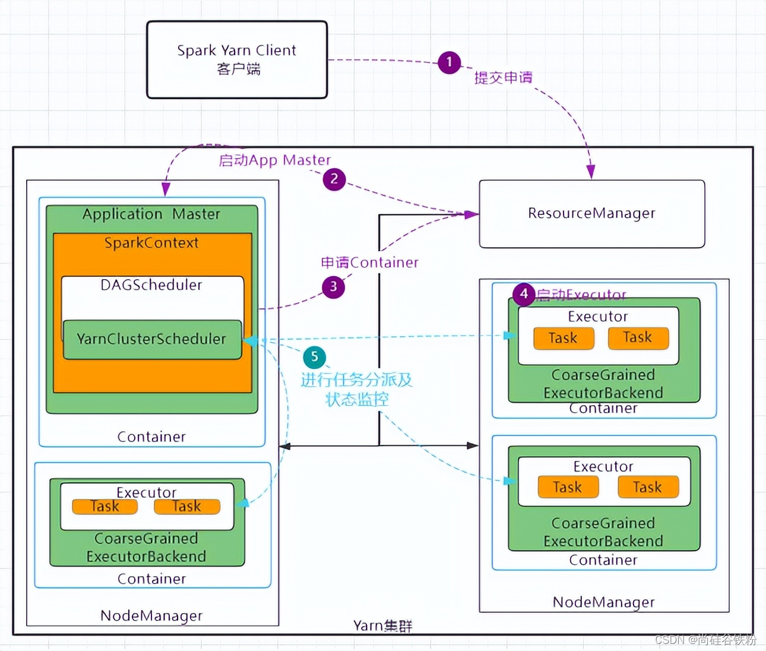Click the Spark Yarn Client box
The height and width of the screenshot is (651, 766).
pos(237,59)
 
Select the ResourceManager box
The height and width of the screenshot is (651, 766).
pos(592,214)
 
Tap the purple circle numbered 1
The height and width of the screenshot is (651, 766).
pos(449,62)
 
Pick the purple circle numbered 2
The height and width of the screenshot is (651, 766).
pos(334,179)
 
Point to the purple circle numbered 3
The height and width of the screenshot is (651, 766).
pos(333,286)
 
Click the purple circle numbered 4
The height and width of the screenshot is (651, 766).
pos(524,294)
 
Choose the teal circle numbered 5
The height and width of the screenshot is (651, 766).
pos(314,357)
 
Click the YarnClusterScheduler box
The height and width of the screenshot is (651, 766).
pos(153,340)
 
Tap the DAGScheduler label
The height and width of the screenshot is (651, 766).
pos(151,285)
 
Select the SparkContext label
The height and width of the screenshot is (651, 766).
pos(151,243)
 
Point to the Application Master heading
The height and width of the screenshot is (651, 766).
pos(151,214)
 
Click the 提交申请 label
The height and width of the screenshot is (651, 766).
pos(504,78)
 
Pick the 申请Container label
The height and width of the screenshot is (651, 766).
pos(369,263)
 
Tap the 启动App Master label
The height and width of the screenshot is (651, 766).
pos(274,160)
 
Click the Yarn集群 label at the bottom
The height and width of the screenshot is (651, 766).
pos(382,626)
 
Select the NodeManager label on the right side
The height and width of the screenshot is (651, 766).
pos(604,602)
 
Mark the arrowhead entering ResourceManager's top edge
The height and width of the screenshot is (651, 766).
pos(591,172)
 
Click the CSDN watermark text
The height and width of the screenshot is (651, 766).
pos(705,640)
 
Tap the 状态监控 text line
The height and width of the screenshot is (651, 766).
pos(357,400)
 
